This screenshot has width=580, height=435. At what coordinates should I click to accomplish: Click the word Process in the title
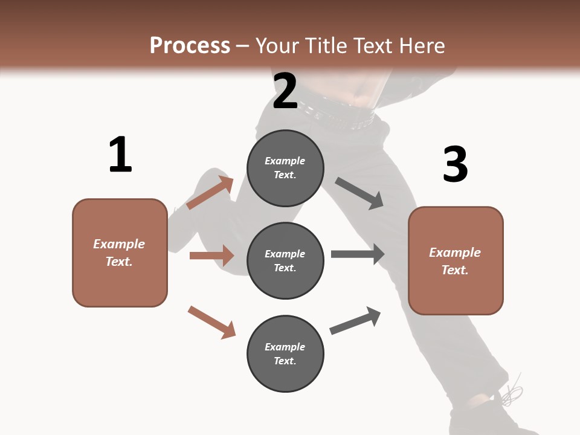tap(190, 46)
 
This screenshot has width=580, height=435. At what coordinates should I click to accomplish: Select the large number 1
tap(120, 155)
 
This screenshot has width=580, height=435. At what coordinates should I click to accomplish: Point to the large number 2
tap(285, 91)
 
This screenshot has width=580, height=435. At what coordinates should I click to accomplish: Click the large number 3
tap(456, 164)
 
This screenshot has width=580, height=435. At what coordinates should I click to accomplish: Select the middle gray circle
tap(285, 261)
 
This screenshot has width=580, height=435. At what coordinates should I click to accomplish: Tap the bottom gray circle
tap(285, 354)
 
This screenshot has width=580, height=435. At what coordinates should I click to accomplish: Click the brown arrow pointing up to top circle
tap(210, 193)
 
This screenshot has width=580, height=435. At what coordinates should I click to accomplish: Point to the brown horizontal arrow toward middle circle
tap(211, 256)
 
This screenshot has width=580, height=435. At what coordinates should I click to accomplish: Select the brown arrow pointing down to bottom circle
tap(211, 322)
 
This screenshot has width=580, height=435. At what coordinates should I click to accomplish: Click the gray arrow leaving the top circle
tap(359, 193)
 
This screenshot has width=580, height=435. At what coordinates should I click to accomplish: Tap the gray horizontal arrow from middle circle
tap(358, 254)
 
